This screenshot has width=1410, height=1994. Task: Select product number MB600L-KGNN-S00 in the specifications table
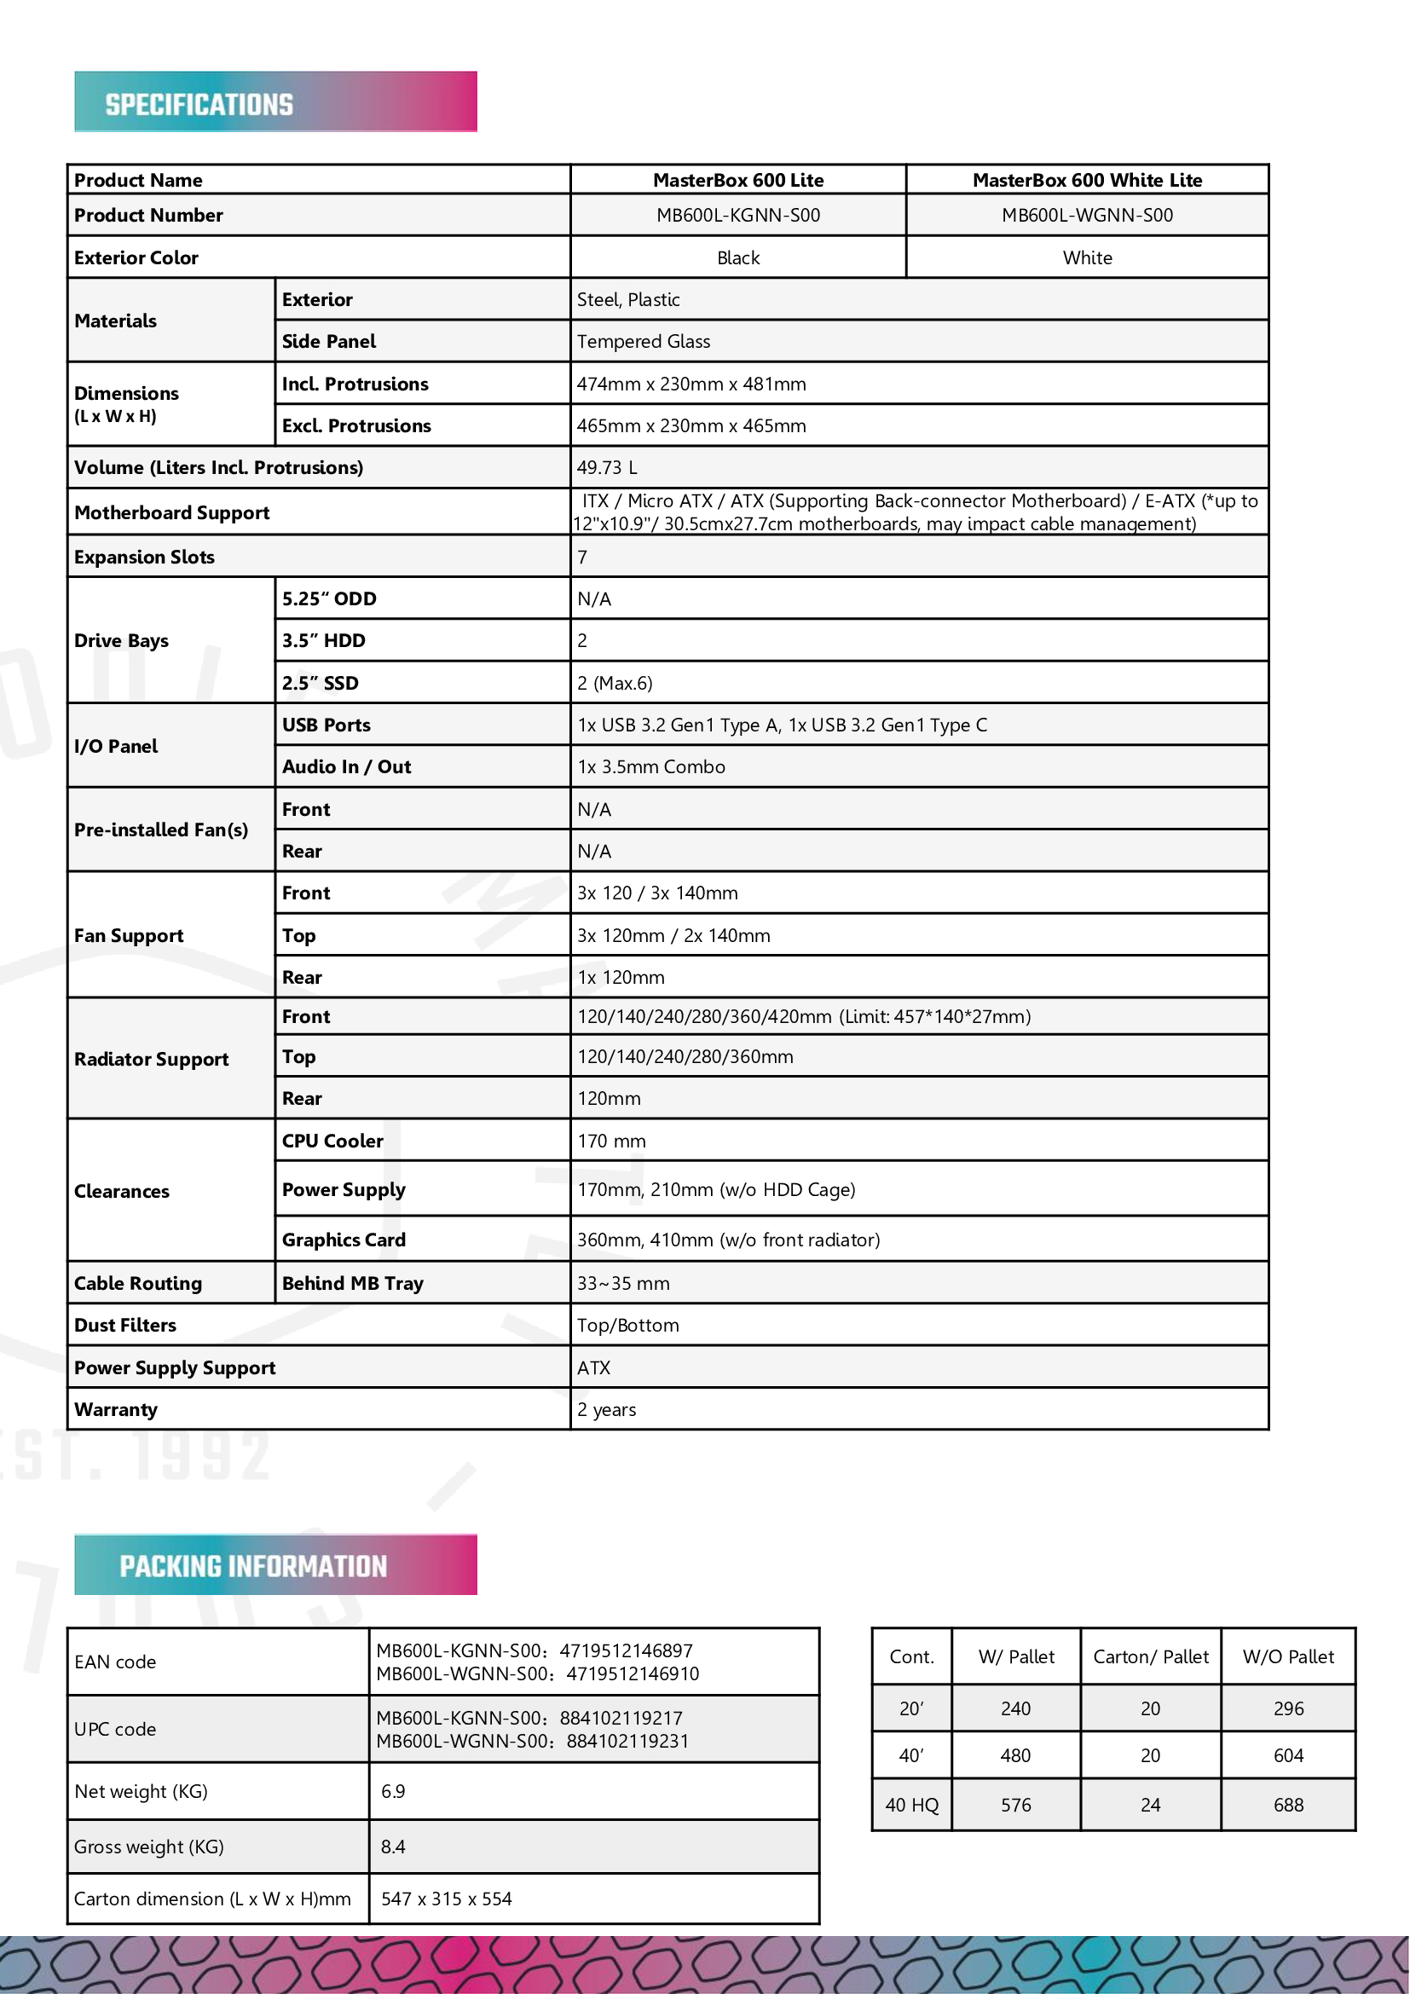point(738,216)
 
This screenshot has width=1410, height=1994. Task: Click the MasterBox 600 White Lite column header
point(1087,180)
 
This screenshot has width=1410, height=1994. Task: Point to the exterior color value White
point(1087,258)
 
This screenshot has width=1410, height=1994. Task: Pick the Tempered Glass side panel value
point(644,341)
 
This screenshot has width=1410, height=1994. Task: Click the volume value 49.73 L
point(607,467)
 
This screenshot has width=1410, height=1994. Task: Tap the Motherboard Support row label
point(172,512)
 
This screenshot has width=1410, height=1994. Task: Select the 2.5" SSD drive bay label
point(321,683)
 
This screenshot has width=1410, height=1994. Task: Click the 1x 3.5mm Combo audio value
point(651,767)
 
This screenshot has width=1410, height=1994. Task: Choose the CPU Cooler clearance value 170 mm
point(611,1141)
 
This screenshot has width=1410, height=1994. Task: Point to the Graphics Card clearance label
point(344,1240)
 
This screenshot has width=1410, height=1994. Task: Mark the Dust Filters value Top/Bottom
point(627,1326)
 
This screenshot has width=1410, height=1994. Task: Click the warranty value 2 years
point(607,1409)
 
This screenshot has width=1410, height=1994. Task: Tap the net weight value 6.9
point(393,1791)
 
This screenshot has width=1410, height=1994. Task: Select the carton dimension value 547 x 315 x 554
point(446,1899)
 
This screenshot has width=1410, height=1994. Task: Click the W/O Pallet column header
point(1288,1656)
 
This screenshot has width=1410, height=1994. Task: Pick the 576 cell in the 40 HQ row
point(1016,1805)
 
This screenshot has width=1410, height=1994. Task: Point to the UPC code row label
point(115,1729)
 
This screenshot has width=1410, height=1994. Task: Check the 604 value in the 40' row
point(1288,1755)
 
